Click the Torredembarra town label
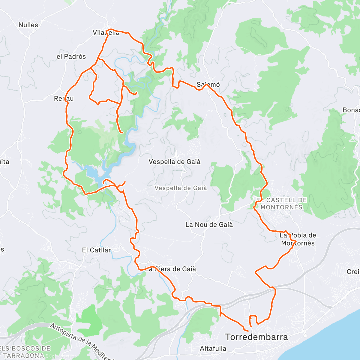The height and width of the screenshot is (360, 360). pyautogui.click(x=256, y=337)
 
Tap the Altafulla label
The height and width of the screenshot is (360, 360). pyautogui.click(x=213, y=349)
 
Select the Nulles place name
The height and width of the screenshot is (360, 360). pyautogui.click(x=28, y=25)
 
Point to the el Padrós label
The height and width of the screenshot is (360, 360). pyautogui.click(x=71, y=56)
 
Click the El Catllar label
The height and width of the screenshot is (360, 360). pyautogui.click(x=96, y=250)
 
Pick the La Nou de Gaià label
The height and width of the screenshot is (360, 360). pyautogui.click(x=209, y=224)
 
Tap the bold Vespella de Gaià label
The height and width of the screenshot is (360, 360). pyautogui.click(x=175, y=162)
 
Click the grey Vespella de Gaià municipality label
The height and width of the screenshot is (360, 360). pyautogui.click(x=181, y=188)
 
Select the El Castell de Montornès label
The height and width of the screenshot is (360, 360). pyautogui.click(x=281, y=203)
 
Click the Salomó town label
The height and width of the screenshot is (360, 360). pyautogui.click(x=208, y=85)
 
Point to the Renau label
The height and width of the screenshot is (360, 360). pyautogui.click(x=64, y=98)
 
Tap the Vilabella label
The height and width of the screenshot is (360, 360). pyautogui.click(x=106, y=33)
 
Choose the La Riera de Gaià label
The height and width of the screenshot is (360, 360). pyautogui.click(x=170, y=269)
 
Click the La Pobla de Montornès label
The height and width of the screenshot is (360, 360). pyautogui.click(x=298, y=239)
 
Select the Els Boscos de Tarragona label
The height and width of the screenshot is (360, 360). pyautogui.click(x=25, y=352)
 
